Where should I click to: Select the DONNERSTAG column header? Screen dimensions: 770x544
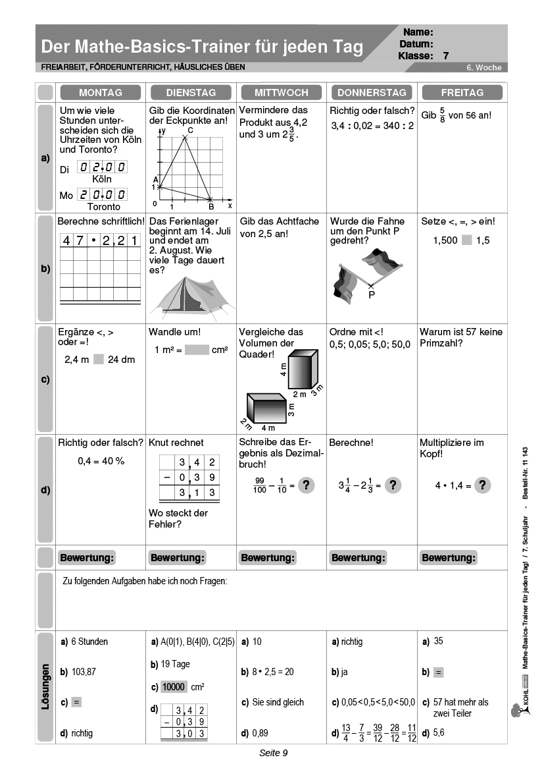click(x=372, y=92)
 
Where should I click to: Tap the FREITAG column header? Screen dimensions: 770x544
click(x=462, y=92)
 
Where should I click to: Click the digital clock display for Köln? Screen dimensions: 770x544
click(x=102, y=167)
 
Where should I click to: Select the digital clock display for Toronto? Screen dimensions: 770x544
click(x=102, y=194)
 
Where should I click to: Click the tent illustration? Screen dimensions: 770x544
click(x=189, y=295)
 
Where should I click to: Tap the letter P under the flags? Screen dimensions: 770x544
click(x=372, y=295)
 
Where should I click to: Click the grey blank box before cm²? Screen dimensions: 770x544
click(x=197, y=350)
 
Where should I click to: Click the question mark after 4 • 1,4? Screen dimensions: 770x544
click(x=482, y=485)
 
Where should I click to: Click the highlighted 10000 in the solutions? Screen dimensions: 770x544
click(x=174, y=687)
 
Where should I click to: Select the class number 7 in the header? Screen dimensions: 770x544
click(x=446, y=56)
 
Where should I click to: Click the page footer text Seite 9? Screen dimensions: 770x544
click(x=273, y=753)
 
